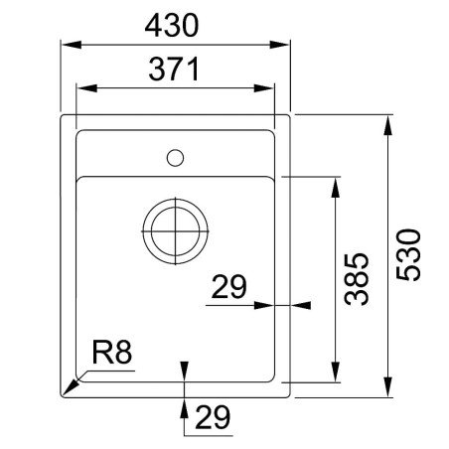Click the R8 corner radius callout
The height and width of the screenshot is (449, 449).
click(x=112, y=353)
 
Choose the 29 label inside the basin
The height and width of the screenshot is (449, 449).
click(x=229, y=288)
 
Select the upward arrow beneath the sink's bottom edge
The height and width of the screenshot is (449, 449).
click(x=184, y=404)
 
